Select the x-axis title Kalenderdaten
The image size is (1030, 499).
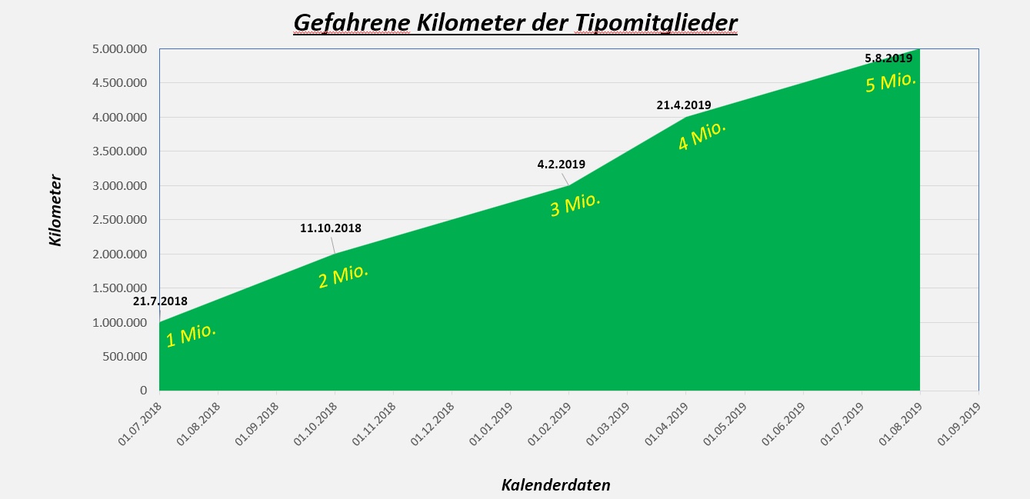(555, 484)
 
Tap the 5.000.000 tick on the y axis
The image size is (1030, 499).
(119, 49)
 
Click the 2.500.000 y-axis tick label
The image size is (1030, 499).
(119, 220)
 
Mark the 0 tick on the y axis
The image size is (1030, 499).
(143, 391)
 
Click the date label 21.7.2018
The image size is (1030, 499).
(160, 301)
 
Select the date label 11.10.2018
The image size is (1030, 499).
(331, 228)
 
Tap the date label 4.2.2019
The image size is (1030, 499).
(561, 164)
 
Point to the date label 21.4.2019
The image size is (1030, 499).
(684, 105)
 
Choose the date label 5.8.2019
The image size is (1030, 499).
(888, 58)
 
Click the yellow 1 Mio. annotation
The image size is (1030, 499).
(191, 335)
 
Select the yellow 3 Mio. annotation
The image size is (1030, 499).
(575, 204)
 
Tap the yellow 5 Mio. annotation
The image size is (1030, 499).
(891, 81)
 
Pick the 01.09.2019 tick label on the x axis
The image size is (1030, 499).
(960, 425)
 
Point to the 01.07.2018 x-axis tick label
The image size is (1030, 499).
(141, 425)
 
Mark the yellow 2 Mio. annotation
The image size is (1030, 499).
(343, 276)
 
